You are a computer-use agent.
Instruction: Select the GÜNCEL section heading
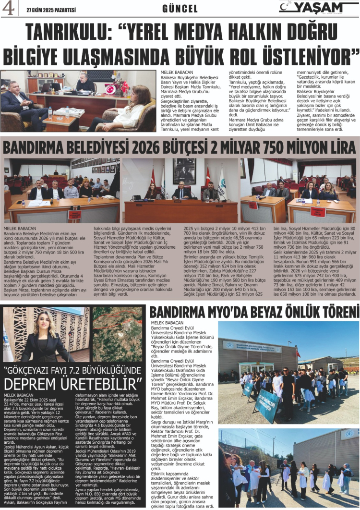pyautogui.click(x=180, y=9)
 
